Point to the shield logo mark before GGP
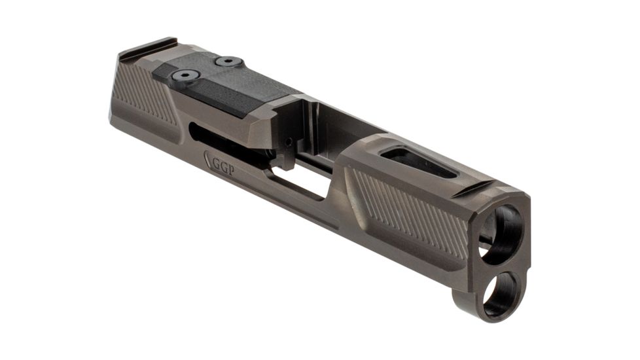[209, 159]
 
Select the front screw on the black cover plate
[229, 62]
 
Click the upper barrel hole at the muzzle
[504, 232]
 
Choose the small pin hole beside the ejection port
[288, 141]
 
